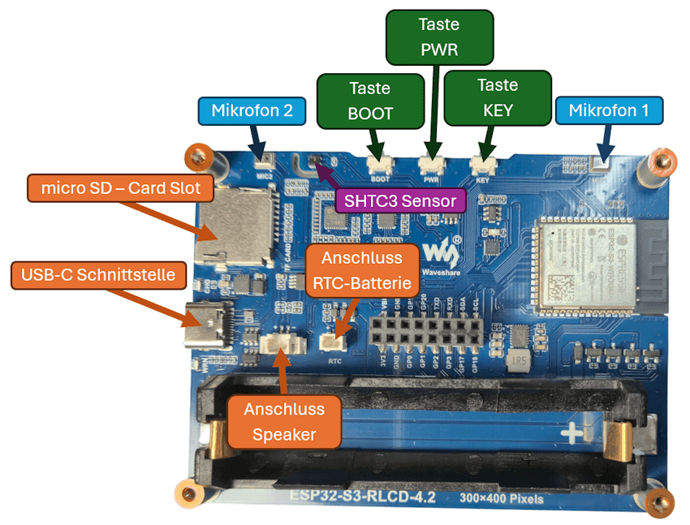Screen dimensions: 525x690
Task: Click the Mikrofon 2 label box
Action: tap(252, 110)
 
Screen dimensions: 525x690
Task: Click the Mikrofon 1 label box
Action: tap(609, 110)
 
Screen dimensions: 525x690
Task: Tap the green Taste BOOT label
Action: tap(370, 101)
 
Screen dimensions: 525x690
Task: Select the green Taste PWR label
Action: tap(439, 37)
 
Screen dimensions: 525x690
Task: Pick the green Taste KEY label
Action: tap(498, 97)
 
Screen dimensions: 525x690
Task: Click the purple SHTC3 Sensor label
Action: tap(400, 200)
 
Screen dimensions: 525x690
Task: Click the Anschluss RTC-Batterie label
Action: tap(363, 272)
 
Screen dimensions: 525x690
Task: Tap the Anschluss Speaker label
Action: tap(283, 422)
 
